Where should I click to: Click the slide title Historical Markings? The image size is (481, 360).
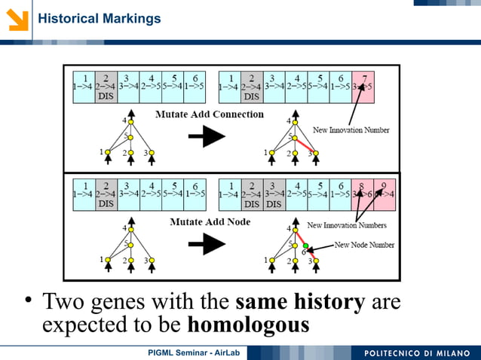[x=99, y=18]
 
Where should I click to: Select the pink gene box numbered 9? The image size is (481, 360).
[x=383, y=194]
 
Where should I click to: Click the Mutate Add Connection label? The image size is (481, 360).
[x=210, y=114]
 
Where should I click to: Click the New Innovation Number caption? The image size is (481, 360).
[x=351, y=130]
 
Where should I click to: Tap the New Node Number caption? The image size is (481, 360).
[x=364, y=245]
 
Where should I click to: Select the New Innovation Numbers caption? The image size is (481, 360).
[x=346, y=225]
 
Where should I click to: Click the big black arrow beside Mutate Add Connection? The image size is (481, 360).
[x=206, y=136]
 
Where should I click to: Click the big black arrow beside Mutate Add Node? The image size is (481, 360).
[x=206, y=243]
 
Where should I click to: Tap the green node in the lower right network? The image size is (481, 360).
[x=306, y=246]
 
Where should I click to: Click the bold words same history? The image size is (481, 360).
[x=300, y=303]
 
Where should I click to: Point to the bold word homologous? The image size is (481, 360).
[x=248, y=325]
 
